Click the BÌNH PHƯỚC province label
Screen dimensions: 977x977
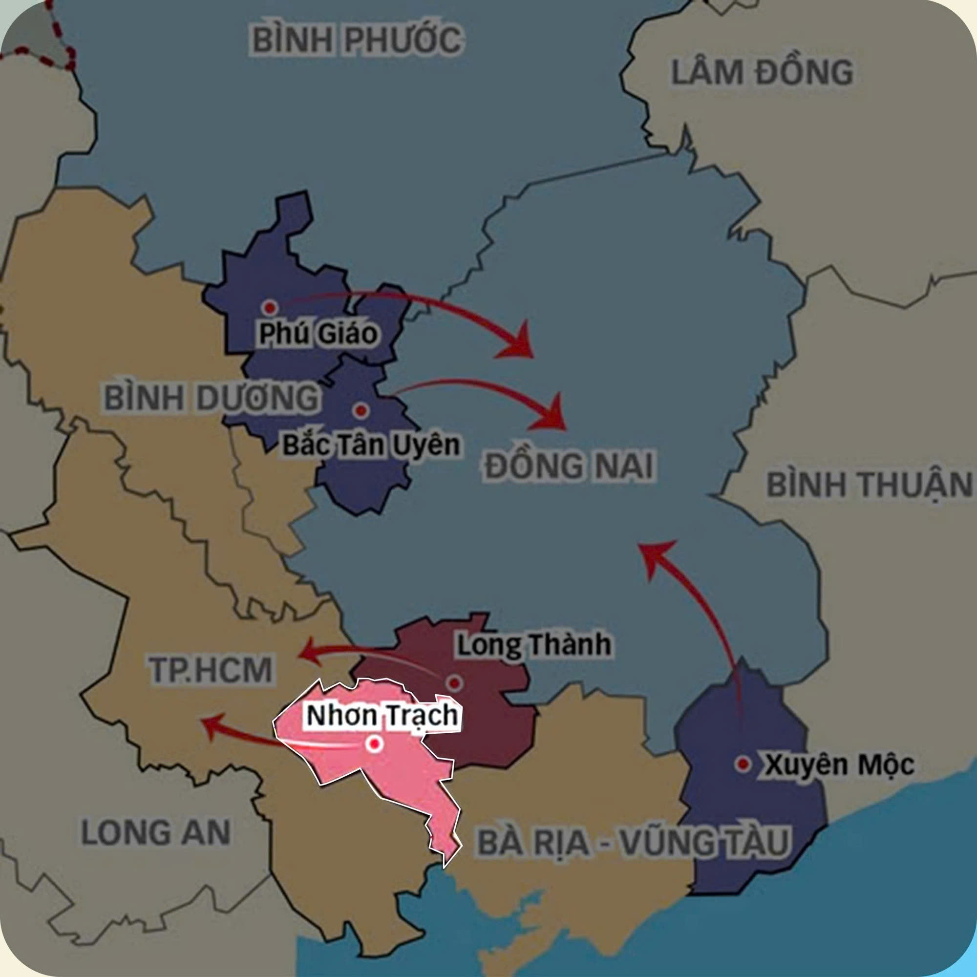[357, 41]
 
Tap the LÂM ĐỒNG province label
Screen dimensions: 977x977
[762, 72]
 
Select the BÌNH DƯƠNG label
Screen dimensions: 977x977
[212, 398]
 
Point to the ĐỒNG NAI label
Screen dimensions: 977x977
[569, 466]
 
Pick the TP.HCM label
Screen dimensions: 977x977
[211, 669]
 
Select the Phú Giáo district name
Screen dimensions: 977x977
[318, 334]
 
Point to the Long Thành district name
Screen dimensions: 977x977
[533, 645]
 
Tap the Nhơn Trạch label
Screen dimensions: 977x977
[382, 716]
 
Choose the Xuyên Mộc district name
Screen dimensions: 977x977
[838, 765]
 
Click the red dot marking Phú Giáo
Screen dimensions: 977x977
[270, 307]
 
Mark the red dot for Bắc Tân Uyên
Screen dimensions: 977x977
[361, 410]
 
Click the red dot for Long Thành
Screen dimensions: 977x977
[455, 683]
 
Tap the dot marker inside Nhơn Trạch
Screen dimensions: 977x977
[375, 744]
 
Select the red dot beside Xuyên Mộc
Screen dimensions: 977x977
[743, 764]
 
